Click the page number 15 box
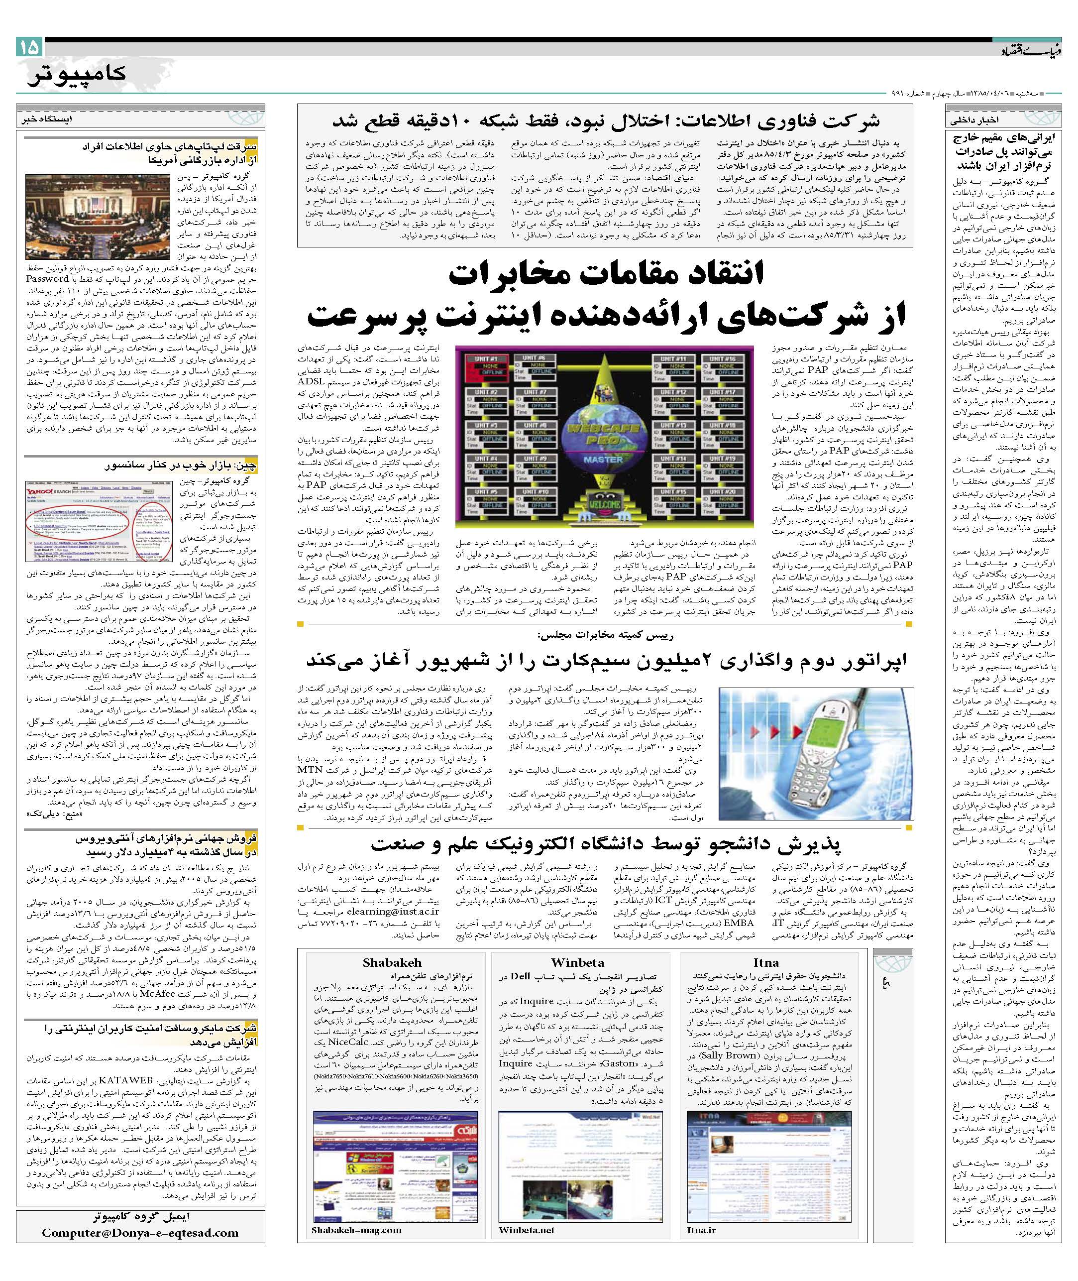tap(29, 47)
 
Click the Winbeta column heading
tap(577, 962)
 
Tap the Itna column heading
tap(766, 962)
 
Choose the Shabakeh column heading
tap(392, 962)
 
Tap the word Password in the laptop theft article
tap(47, 279)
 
